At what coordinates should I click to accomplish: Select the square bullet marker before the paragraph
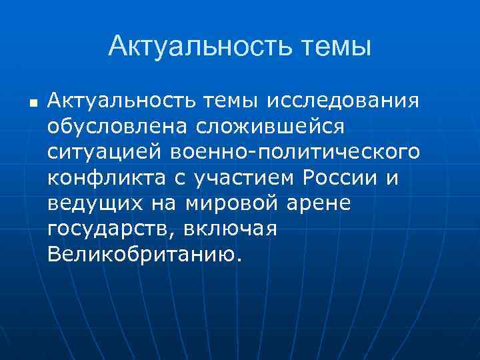coord(32,103)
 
